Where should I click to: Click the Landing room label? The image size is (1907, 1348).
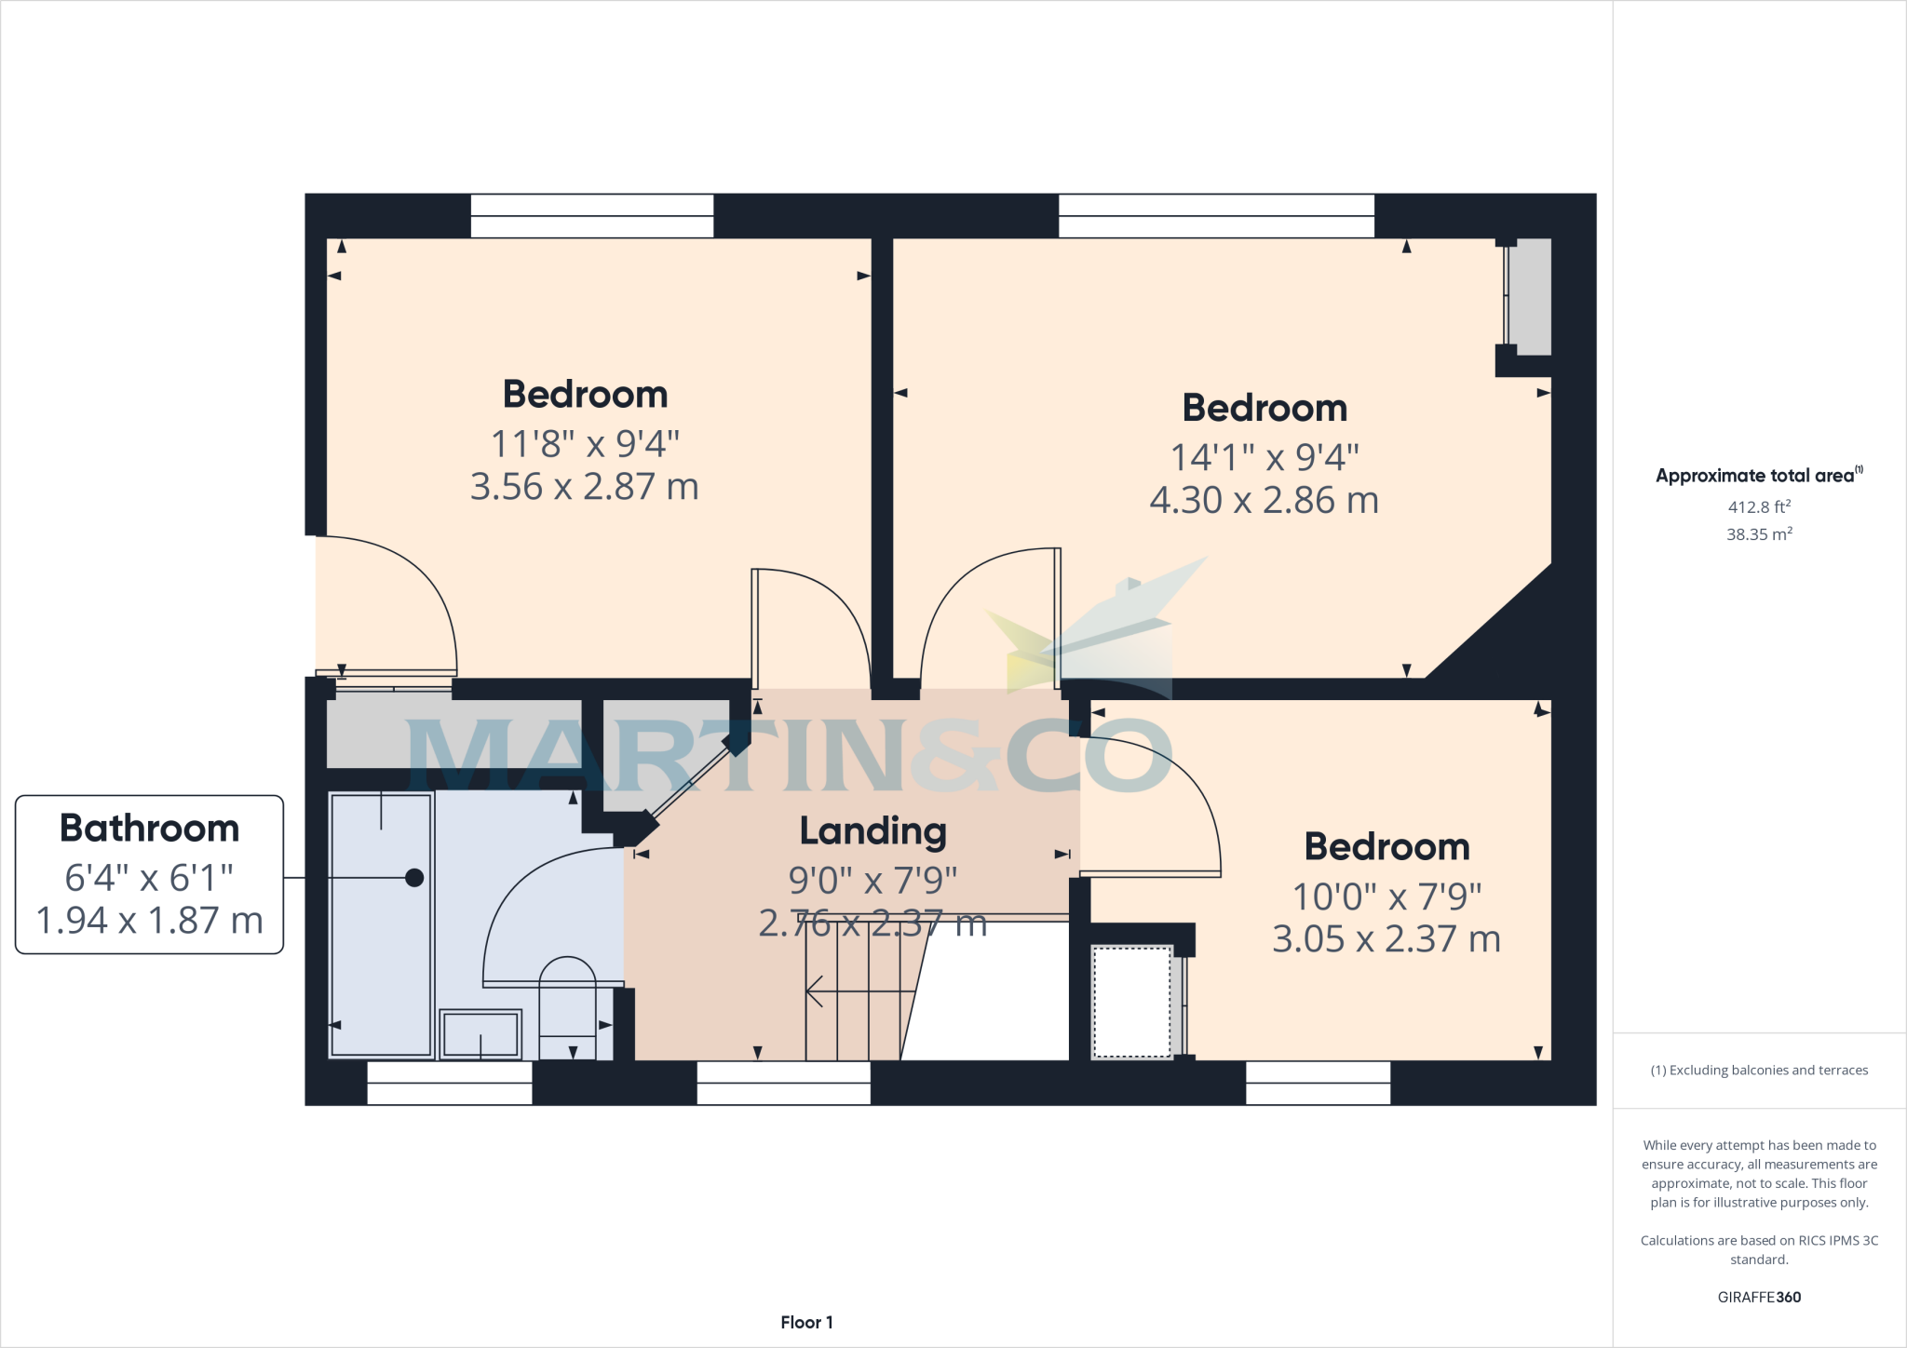pos(872,831)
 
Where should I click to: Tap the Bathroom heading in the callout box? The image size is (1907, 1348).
pos(149,829)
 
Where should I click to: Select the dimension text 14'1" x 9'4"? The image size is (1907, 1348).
pos(1264,457)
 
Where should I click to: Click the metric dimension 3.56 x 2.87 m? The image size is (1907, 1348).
pos(584,487)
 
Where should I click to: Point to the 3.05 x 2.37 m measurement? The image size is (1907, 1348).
pos(1386,939)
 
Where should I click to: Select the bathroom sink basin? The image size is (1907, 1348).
pos(480,1033)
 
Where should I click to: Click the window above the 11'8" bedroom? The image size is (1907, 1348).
pos(591,216)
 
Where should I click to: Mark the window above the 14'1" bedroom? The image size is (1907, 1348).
pos(1215,216)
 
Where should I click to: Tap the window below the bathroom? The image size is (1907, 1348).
pos(449,1083)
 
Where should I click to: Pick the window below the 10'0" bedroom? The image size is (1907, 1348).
pos(1318,1083)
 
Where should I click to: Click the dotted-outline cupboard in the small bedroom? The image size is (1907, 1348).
pos(1131,1002)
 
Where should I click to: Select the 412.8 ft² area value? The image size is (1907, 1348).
pos(1758,507)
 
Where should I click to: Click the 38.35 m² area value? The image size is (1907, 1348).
pos(1758,534)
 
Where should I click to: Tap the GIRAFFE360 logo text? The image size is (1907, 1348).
pos(1758,1297)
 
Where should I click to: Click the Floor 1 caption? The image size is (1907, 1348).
pos(806,1322)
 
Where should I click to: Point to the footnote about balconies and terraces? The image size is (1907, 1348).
pos(1758,1071)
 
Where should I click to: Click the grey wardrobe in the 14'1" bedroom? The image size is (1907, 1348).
pos(1529,296)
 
